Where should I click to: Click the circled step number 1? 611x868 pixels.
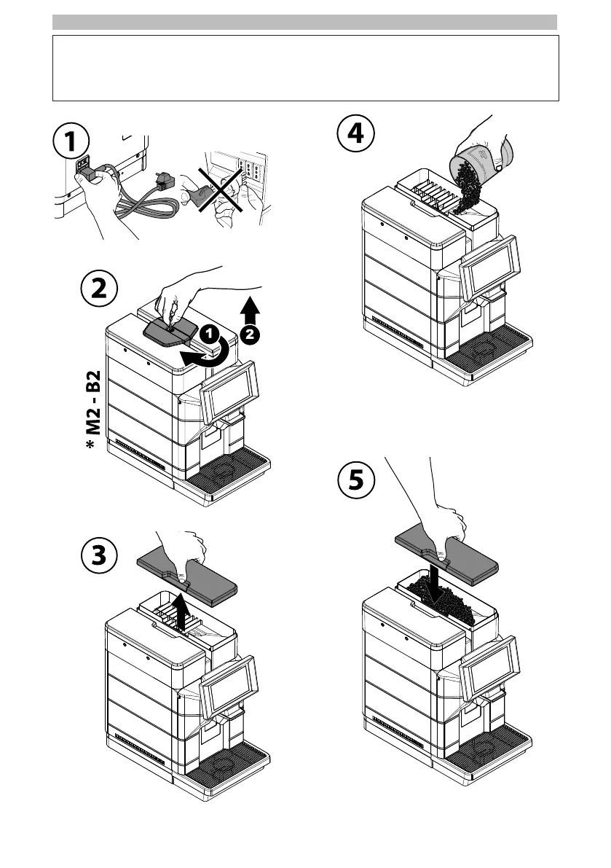(x=71, y=141)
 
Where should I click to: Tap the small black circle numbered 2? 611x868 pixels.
(x=250, y=335)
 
